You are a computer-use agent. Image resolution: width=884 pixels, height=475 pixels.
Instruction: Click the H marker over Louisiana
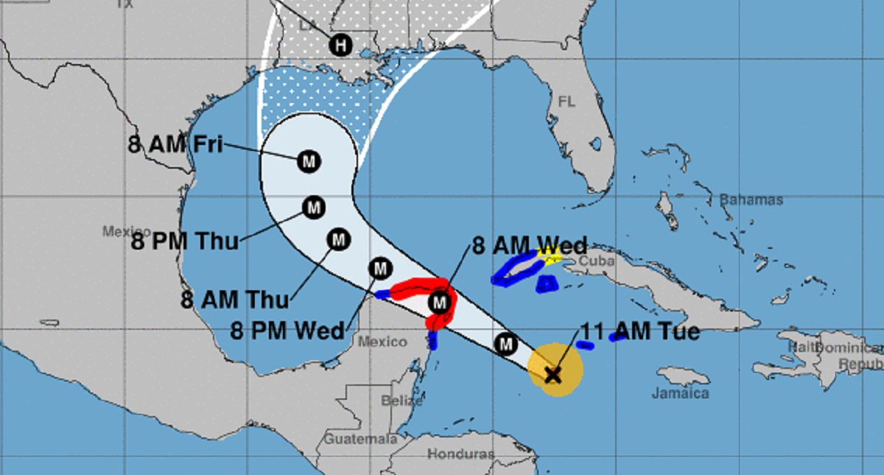pos(340,46)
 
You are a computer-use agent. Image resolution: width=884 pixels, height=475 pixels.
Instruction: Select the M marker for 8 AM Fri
pos(309,161)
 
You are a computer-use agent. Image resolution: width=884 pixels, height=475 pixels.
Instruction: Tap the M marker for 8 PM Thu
pos(315,208)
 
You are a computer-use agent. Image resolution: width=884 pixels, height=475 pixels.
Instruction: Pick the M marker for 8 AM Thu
pos(339,239)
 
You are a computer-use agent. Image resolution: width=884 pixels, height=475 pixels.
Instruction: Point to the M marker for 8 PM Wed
pos(380,269)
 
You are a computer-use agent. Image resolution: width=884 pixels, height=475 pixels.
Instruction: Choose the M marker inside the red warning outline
pos(440,301)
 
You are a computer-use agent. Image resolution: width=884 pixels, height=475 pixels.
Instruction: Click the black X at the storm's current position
pos(552,375)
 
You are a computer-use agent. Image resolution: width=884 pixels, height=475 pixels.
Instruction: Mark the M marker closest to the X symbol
pos(505,342)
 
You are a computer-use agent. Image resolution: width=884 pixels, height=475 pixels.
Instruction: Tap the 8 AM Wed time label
pos(529,245)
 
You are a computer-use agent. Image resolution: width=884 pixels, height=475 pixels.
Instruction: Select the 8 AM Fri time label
pos(175,144)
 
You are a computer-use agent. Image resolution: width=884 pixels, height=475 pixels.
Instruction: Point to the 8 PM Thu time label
pos(184,241)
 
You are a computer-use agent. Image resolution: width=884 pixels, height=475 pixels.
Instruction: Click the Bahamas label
pos(751,200)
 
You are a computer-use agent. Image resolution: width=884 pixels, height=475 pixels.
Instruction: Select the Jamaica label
pos(680,393)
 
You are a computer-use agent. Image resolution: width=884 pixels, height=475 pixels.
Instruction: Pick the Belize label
pos(401,401)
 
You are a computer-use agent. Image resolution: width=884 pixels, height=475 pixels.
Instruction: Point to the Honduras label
pos(460,453)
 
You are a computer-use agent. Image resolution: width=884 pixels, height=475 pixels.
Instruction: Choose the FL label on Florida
pos(566,101)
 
